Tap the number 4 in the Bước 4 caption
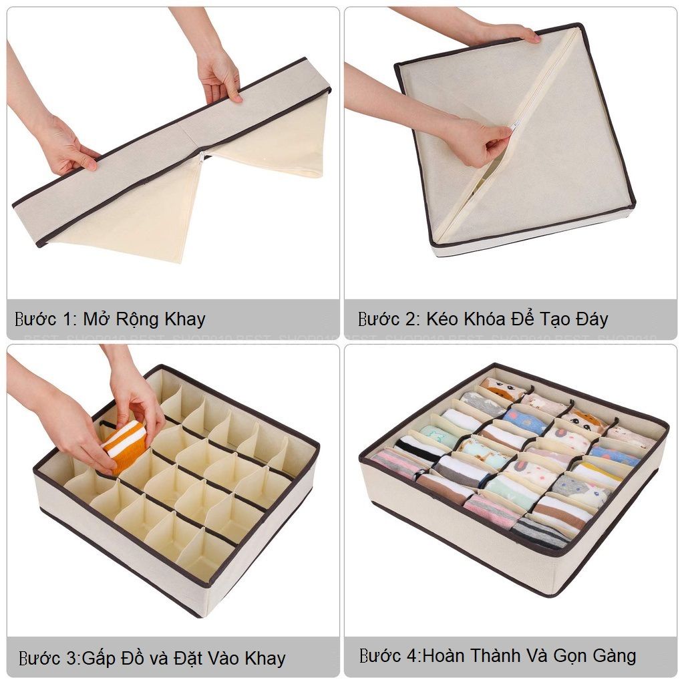pos(413,655)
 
